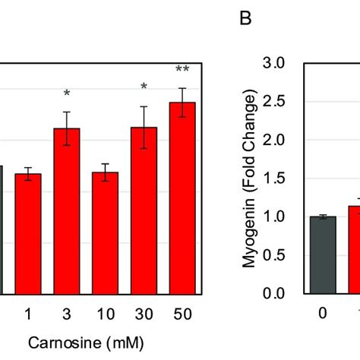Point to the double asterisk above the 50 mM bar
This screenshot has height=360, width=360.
point(182,71)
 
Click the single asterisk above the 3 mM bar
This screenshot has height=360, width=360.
point(67,94)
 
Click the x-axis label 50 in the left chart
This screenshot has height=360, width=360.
point(182,313)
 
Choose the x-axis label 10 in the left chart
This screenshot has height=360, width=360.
point(105,313)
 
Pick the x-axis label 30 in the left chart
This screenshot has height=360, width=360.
point(144,313)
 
